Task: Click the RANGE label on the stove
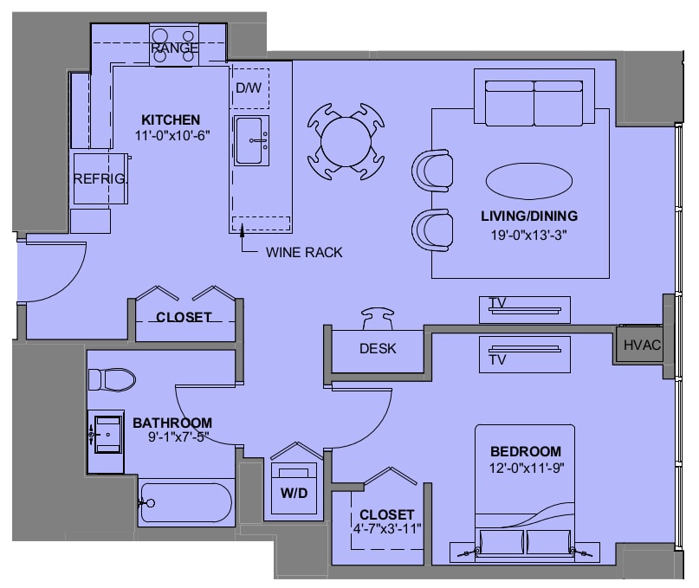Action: [175, 48]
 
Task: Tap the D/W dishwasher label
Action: [249, 87]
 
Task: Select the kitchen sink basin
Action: [249, 140]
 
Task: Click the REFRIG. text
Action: [100, 178]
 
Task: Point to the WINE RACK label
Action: [304, 252]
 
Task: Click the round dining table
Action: [346, 142]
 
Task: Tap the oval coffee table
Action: [528, 180]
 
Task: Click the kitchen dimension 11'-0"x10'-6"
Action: [172, 135]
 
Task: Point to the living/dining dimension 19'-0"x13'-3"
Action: [528, 235]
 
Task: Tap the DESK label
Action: [378, 348]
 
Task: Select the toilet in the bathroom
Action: [112, 380]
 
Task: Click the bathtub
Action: [186, 502]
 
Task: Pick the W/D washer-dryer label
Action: [294, 493]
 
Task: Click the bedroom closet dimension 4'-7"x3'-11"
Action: [387, 529]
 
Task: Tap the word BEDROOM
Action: [526, 451]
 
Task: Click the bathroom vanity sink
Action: [107, 434]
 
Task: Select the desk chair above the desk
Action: [378, 319]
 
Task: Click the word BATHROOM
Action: [172, 423]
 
